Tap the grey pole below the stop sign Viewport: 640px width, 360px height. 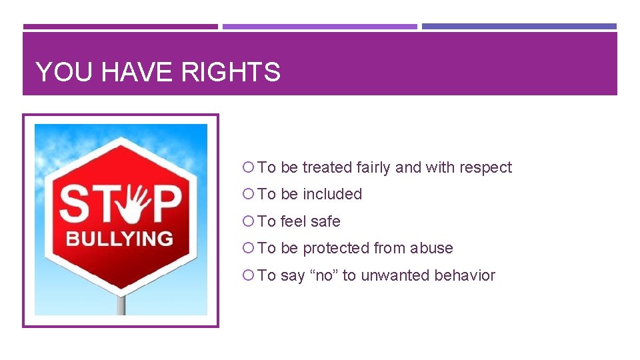coord(121,305)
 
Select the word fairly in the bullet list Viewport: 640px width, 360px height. coord(373,167)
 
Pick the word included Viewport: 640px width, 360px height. coord(332,194)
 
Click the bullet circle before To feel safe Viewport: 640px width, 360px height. coord(249,221)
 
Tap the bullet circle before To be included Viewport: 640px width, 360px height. coord(249,194)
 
